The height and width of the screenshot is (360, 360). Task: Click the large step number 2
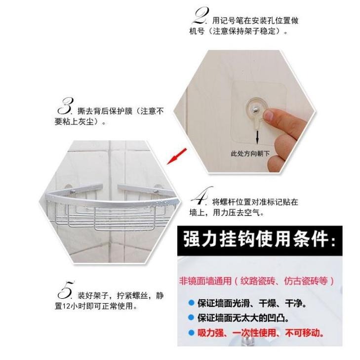(x=200, y=16)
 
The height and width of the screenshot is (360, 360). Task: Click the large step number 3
(x=66, y=106)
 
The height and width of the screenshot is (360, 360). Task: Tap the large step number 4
(x=201, y=196)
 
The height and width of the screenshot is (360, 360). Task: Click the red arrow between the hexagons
(x=177, y=156)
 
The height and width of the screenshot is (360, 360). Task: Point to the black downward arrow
(x=257, y=137)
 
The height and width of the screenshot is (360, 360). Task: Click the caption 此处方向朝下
(x=250, y=154)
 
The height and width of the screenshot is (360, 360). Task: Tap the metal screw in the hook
(x=255, y=110)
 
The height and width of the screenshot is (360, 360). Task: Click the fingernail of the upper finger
(x=269, y=115)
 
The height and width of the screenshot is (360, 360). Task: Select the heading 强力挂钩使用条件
(x=259, y=240)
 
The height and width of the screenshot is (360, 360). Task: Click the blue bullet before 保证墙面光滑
(x=191, y=303)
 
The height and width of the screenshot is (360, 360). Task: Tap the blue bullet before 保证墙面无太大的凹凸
(x=191, y=318)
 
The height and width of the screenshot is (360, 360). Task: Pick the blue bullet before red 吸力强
(x=191, y=333)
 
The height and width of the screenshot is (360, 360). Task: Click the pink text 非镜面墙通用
(x=205, y=281)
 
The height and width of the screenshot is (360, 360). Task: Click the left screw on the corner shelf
(x=72, y=191)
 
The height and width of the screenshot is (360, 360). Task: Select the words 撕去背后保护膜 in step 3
(x=105, y=111)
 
